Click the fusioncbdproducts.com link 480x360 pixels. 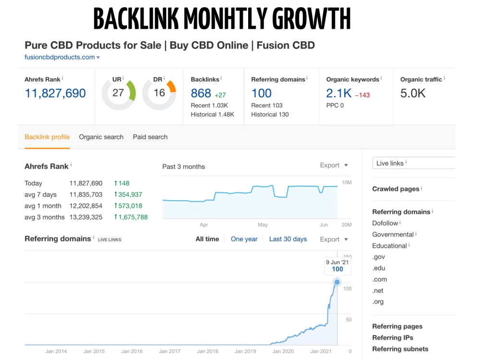[60, 57]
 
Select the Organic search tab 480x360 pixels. [101, 137]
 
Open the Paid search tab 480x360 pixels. [150, 137]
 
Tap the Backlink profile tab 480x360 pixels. [47, 137]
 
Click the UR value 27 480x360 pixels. [118, 93]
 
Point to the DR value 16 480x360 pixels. [159, 93]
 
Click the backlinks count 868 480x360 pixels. [201, 93]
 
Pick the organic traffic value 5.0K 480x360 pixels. [413, 93]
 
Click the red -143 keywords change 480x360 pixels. [362, 95]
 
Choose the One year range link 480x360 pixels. [244, 239]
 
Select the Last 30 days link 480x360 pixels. [288, 239]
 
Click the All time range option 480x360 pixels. [207, 239]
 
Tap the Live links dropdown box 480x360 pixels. [414, 163]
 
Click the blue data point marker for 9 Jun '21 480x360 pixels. [337, 282]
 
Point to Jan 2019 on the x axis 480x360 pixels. [245, 351]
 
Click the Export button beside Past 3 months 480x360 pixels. [334, 165]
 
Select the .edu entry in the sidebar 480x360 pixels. [379, 268]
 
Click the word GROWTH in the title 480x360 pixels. [312, 19]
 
